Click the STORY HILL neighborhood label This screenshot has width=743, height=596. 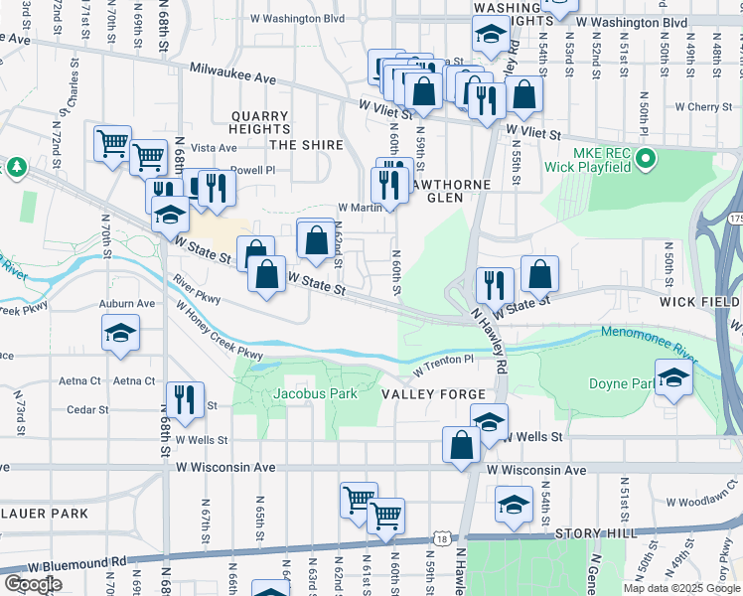(593, 533)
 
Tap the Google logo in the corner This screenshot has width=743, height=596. (33, 584)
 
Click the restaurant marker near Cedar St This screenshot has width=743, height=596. (184, 399)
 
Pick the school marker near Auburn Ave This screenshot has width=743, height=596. (120, 333)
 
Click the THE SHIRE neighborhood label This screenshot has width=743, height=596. (306, 145)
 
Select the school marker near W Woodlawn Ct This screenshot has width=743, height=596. (514, 504)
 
